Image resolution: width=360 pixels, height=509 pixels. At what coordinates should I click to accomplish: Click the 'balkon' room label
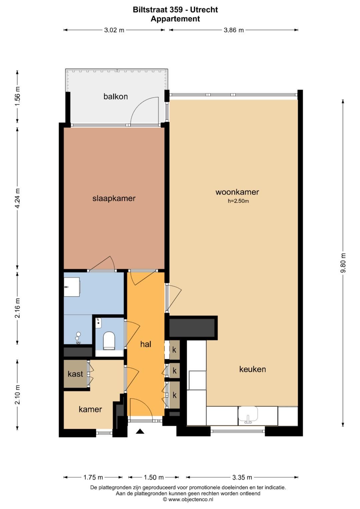[115, 97]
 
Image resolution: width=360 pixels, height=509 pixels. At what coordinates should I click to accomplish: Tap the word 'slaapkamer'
[114, 199]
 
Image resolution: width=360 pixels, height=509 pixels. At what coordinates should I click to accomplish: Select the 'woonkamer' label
[237, 192]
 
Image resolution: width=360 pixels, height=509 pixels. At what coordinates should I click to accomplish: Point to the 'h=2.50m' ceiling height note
[238, 201]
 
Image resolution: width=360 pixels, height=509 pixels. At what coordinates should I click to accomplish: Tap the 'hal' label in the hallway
[146, 344]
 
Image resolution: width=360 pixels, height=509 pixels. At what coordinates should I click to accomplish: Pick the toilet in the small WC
[109, 340]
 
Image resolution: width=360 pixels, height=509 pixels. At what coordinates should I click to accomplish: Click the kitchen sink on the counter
[248, 415]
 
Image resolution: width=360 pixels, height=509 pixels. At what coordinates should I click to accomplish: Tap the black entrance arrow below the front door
[140, 431]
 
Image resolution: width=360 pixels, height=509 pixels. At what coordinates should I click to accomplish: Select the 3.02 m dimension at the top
[114, 30]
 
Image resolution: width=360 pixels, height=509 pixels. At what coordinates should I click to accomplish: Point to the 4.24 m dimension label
[17, 198]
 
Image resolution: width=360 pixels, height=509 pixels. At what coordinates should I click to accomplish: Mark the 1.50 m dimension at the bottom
[154, 477]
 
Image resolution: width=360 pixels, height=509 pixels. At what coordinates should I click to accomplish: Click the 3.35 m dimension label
[242, 477]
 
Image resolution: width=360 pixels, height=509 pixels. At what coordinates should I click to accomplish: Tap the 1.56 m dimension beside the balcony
[17, 96]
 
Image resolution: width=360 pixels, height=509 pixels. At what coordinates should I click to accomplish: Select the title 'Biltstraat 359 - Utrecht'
[175, 10]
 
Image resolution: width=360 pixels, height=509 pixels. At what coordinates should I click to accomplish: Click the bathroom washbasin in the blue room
[72, 287]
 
